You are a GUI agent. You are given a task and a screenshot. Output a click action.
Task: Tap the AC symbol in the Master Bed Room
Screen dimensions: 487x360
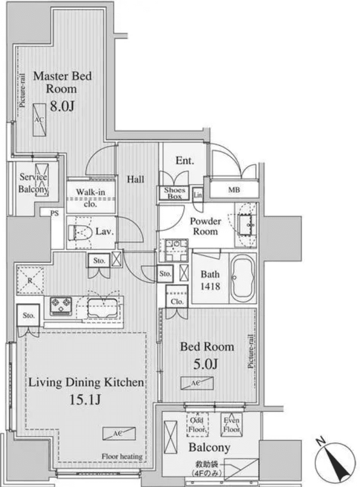pyautogui.click(x=39, y=120)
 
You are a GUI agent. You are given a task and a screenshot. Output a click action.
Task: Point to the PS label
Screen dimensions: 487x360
pyautogui.click(x=55, y=213)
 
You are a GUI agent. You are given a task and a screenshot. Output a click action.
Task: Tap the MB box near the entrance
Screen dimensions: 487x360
pyautogui.click(x=234, y=191)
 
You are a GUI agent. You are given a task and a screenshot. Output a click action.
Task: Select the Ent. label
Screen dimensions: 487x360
pyautogui.click(x=185, y=161)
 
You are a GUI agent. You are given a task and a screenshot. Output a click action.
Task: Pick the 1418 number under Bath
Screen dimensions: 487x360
pyautogui.click(x=210, y=286)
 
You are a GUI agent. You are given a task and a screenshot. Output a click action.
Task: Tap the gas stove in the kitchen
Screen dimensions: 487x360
pyautogui.click(x=61, y=306)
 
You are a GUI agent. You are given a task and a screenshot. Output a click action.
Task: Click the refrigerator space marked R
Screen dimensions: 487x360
pyautogui.click(x=30, y=280)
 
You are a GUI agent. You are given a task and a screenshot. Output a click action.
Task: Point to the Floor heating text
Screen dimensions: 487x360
pyautogui.click(x=122, y=456)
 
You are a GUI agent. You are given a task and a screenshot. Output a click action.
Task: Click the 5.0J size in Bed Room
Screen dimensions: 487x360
pyautogui.click(x=207, y=364)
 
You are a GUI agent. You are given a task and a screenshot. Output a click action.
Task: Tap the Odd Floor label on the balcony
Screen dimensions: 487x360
pyautogui.click(x=197, y=425)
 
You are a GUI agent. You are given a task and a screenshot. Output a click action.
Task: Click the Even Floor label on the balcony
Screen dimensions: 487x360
pyautogui.click(x=232, y=425)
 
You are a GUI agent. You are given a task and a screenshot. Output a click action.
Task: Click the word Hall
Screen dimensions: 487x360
pyautogui.click(x=135, y=179)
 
